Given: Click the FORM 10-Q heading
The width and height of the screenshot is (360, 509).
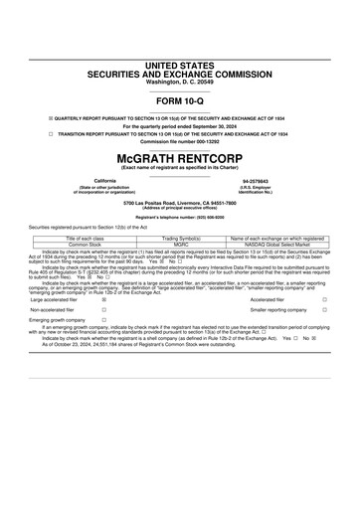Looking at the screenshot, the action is point(179,102).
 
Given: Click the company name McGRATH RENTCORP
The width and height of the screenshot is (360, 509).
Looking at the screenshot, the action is point(179,158).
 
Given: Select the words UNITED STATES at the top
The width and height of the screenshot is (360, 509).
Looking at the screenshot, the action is point(179,65).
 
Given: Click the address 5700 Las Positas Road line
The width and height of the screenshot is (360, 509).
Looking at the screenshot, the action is point(179,202).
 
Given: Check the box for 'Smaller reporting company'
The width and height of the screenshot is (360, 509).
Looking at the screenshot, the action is point(324,309).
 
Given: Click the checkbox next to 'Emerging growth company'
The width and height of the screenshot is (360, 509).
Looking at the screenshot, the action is point(102,321).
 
